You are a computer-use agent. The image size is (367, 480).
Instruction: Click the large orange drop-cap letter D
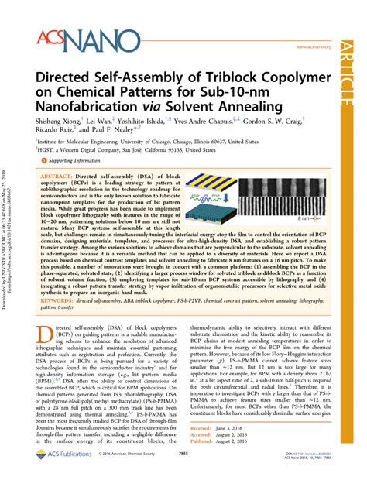(x=46, y=357)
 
